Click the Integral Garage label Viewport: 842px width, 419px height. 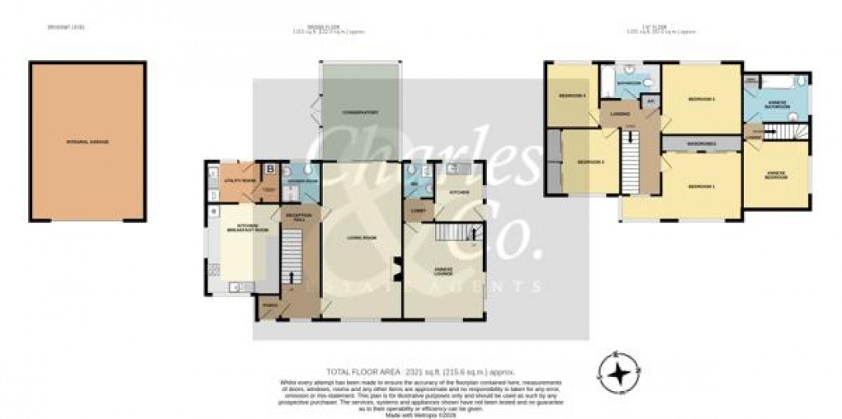pyautogui.click(x=88, y=142)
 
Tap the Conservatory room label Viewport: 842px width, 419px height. pyautogui.click(x=361, y=112)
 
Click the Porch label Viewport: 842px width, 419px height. pyautogui.click(x=267, y=305)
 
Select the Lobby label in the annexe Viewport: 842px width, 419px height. pyautogui.click(x=417, y=210)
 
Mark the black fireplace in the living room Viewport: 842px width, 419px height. pyautogui.click(x=395, y=268)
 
